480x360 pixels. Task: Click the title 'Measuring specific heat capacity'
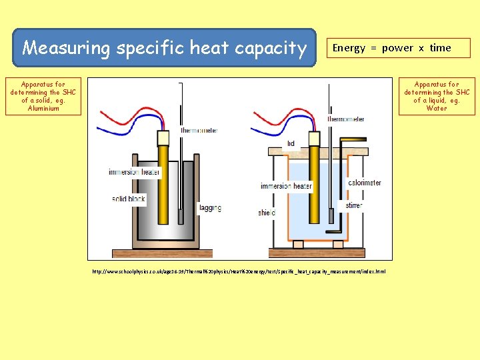pyautogui.click(x=164, y=48)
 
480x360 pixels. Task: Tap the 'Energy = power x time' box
pyautogui.click(x=391, y=48)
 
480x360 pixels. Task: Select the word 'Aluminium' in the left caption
pyautogui.click(x=43, y=109)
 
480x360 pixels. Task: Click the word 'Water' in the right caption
pyautogui.click(x=437, y=109)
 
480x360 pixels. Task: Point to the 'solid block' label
pyautogui.click(x=129, y=199)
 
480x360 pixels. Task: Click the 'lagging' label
pyautogui.click(x=210, y=208)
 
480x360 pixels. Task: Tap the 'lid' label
pyautogui.click(x=291, y=143)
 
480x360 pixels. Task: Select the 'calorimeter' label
pyautogui.click(x=365, y=183)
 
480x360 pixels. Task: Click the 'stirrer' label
pyautogui.click(x=354, y=205)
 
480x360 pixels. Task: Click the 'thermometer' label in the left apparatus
pyautogui.click(x=199, y=131)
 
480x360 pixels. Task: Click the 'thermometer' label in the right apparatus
pyautogui.click(x=346, y=119)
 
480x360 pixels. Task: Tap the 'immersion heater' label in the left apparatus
pyautogui.click(x=134, y=173)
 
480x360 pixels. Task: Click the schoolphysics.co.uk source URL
pyautogui.click(x=239, y=272)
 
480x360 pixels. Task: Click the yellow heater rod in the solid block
pyautogui.click(x=163, y=193)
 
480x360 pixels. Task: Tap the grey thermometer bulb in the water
pyautogui.click(x=331, y=217)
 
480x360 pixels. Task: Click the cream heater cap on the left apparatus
pyautogui.click(x=163, y=139)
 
